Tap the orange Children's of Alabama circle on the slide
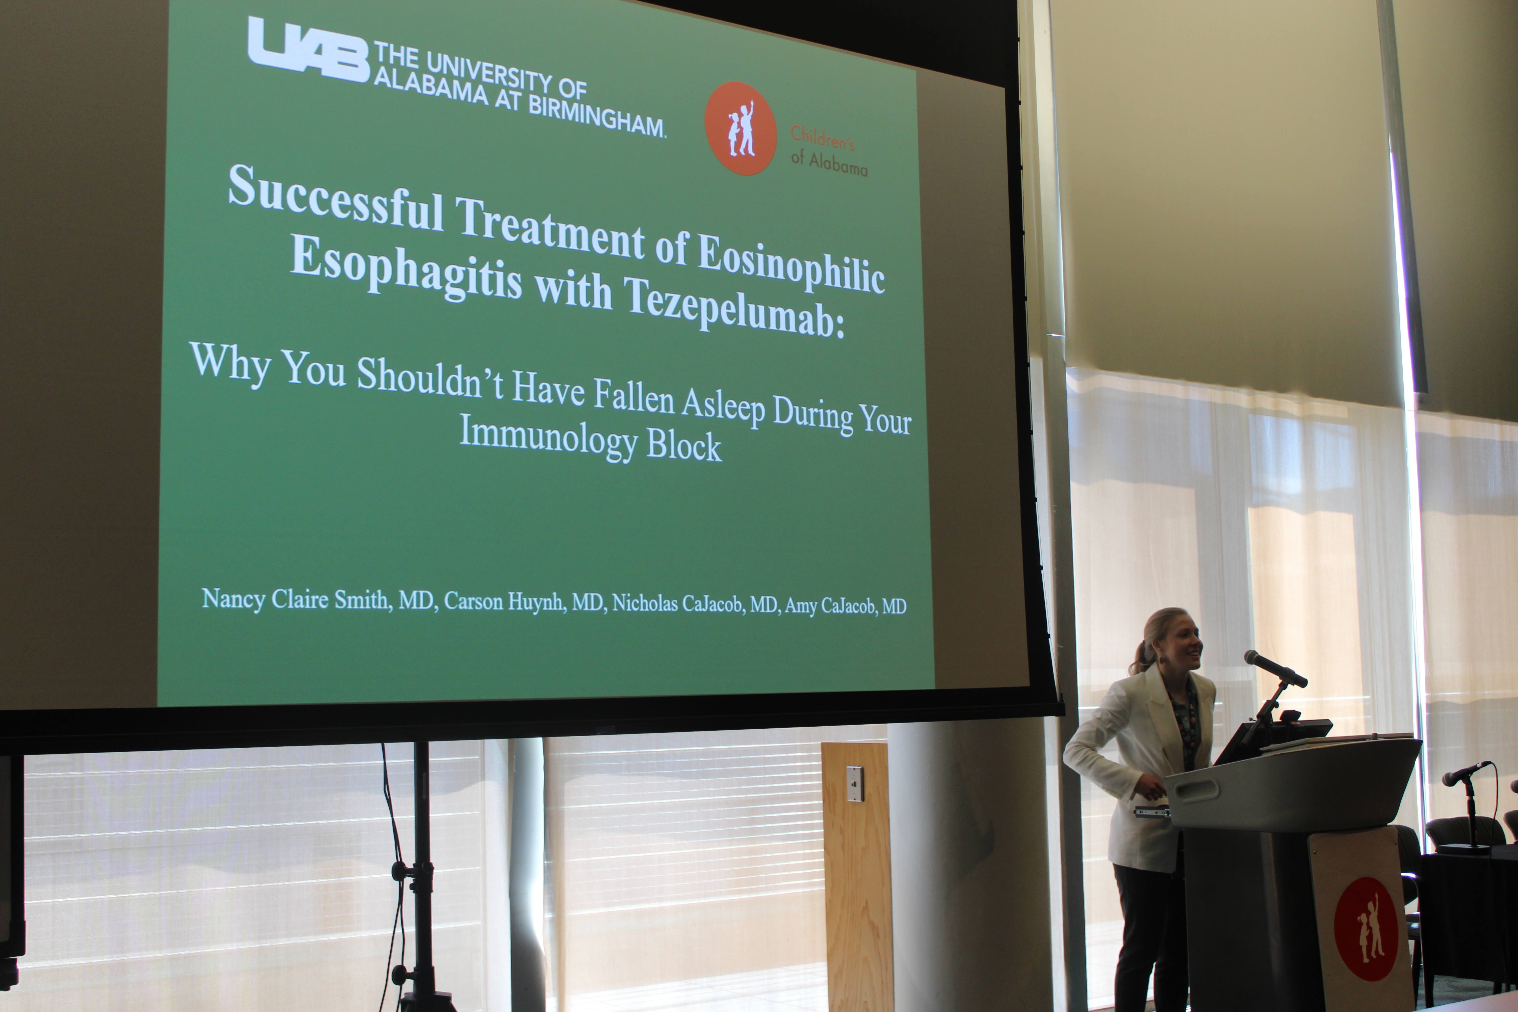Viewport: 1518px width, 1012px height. [740, 128]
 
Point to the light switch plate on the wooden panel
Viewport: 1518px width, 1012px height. [855, 784]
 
